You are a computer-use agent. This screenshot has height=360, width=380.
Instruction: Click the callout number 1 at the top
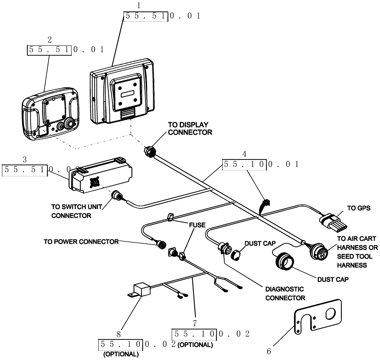coord(128,6)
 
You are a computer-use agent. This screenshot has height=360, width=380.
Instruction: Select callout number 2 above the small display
coord(49,39)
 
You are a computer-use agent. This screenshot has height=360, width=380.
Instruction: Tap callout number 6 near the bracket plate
coord(269,351)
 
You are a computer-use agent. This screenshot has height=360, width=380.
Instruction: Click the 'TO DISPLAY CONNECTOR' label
coord(190,128)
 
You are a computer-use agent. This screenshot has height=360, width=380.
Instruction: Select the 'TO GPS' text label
coord(358,208)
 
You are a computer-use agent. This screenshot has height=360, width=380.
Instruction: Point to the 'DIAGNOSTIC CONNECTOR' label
coord(285,293)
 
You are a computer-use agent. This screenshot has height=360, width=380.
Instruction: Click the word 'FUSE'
coord(197,225)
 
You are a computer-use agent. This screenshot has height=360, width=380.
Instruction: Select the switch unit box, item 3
coord(100,175)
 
